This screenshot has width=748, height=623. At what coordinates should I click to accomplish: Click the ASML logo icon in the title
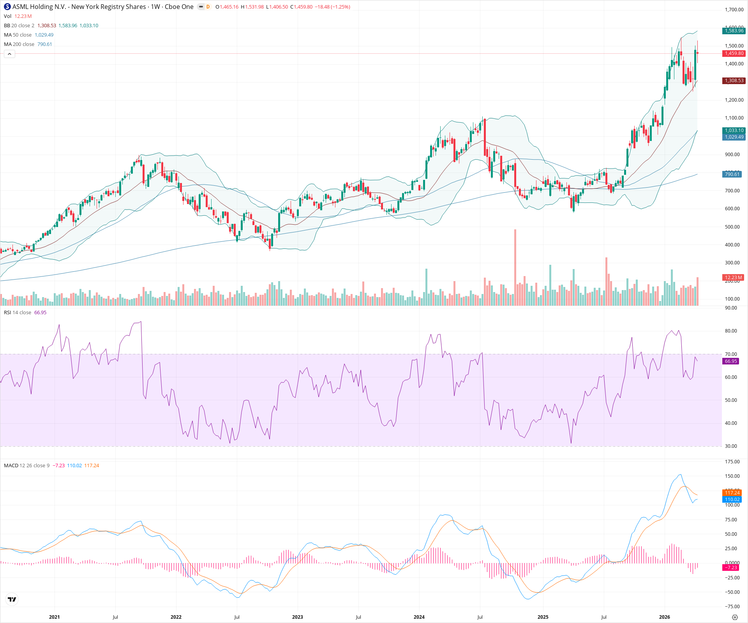click(x=7, y=7)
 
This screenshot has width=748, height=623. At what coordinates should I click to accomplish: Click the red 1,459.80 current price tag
click(x=734, y=53)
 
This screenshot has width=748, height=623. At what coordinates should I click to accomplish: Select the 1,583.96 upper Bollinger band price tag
click(x=734, y=31)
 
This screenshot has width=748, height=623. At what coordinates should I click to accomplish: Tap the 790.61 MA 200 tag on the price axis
click(x=732, y=174)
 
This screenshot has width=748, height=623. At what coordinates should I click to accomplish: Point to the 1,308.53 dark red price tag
click(x=734, y=81)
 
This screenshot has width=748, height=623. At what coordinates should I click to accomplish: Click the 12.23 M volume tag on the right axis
click(x=733, y=278)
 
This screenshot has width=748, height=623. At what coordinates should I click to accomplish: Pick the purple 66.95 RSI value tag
click(x=731, y=361)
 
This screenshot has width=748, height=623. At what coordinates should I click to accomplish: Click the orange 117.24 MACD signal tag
click(x=732, y=493)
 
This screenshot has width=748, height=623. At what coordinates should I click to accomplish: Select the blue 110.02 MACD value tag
click(x=732, y=500)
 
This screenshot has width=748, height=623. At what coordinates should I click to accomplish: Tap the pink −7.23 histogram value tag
click(x=731, y=568)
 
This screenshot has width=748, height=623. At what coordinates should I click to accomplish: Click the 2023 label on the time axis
click(x=298, y=617)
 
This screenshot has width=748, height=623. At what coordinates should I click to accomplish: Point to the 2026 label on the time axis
click(x=664, y=617)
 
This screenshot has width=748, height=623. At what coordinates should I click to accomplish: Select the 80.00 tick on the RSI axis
click(x=731, y=331)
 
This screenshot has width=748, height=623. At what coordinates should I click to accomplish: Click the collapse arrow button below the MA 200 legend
click(x=9, y=54)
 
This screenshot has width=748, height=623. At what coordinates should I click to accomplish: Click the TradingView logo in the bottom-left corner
click(x=12, y=599)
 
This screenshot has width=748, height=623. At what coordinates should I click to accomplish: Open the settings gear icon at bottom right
click(x=735, y=617)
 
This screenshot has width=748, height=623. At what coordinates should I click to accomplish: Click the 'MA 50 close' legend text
click(x=18, y=35)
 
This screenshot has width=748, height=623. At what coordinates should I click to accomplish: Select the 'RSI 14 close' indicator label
click(x=18, y=313)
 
